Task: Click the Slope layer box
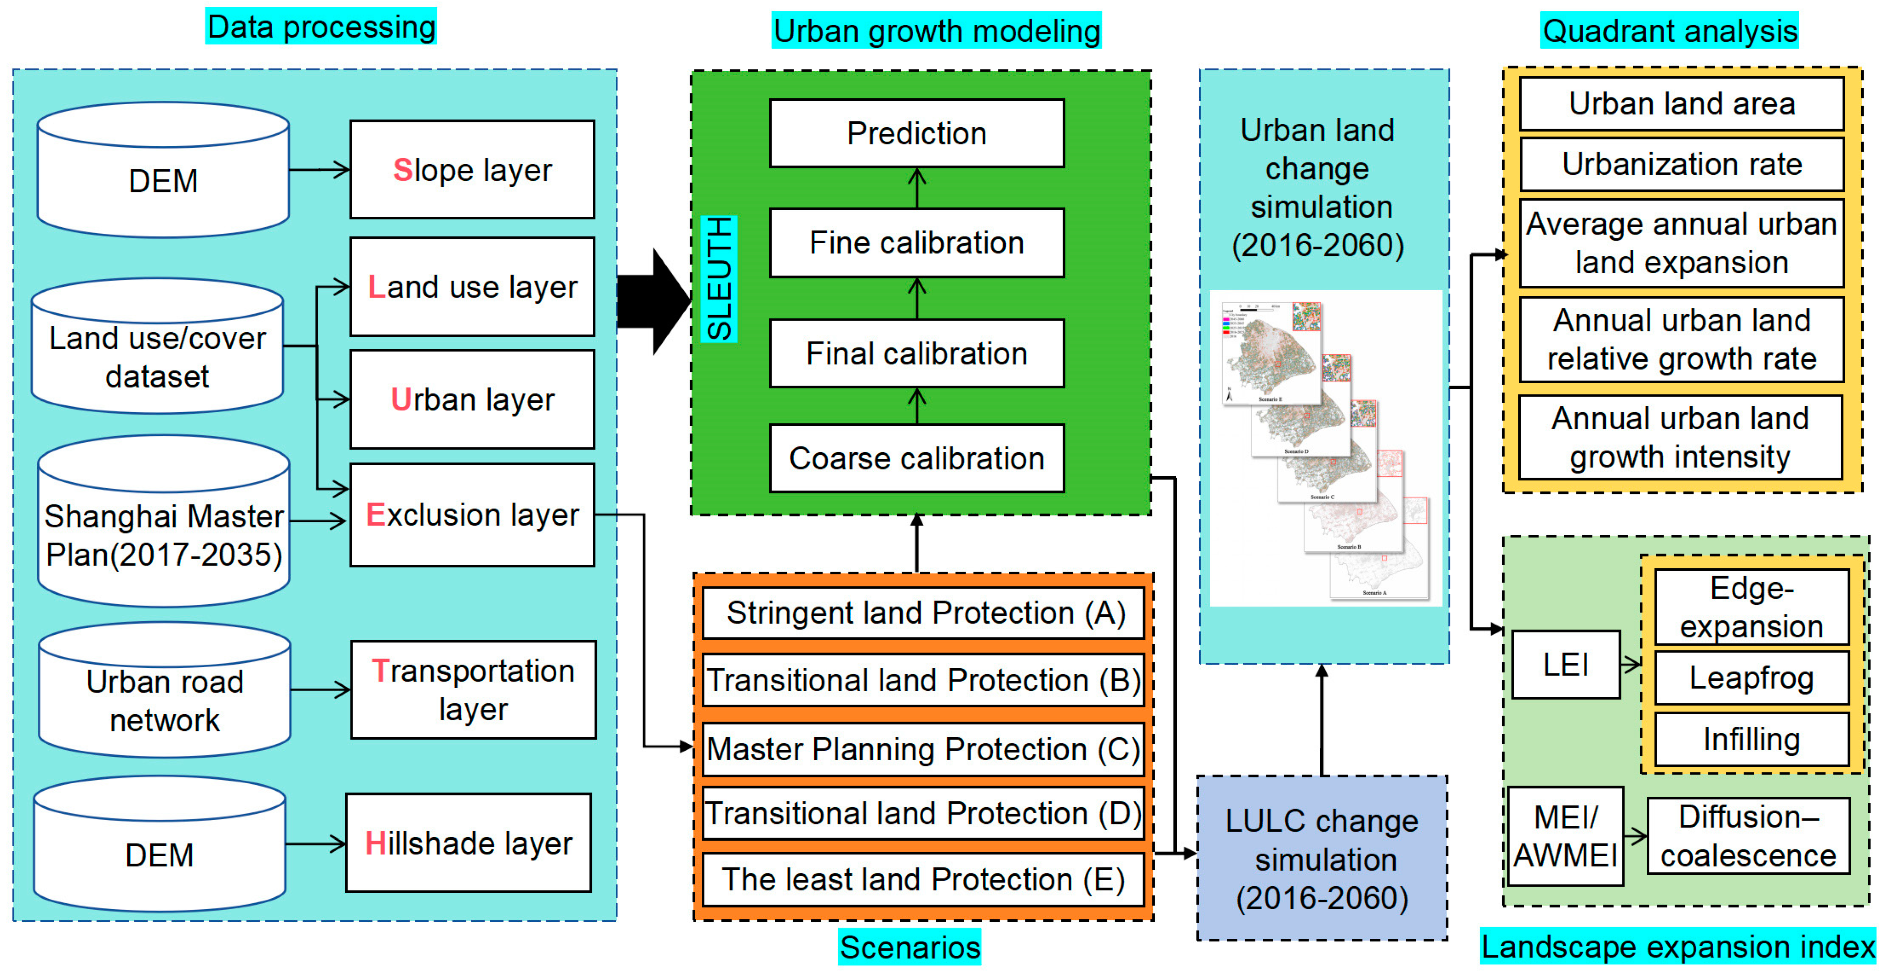(472, 170)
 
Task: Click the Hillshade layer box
(469, 843)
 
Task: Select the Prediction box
(917, 133)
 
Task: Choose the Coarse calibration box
(917, 458)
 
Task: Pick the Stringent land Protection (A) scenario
(924, 613)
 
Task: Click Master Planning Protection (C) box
(924, 749)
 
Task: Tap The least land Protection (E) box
(924, 879)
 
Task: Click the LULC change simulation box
(1322, 859)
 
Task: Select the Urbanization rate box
(1682, 164)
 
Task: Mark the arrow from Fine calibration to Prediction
(917, 188)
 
